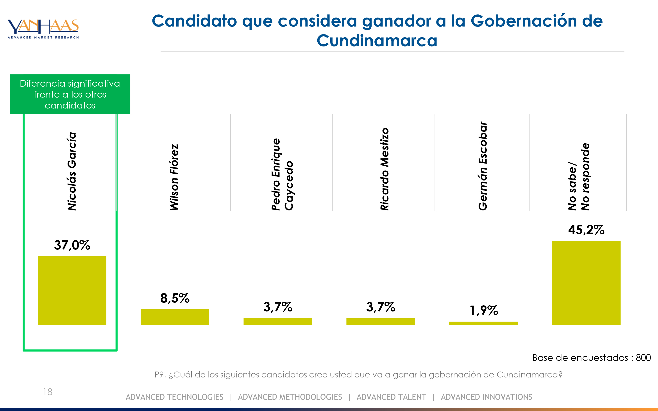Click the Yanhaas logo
point(43,29)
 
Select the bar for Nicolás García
point(72,291)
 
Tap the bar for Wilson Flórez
point(175,317)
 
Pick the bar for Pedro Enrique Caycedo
point(278,322)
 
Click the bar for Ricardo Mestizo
point(381,322)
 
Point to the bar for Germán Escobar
point(483,323)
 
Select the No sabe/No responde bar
point(586,283)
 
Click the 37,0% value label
point(72,245)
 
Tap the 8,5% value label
point(175,298)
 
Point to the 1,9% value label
point(484,310)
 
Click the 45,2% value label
point(586,230)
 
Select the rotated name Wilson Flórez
point(174,177)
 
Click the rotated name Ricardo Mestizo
point(385,169)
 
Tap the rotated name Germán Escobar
point(483,166)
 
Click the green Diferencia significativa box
point(70,94)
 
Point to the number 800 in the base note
point(643,358)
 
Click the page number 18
point(48,392)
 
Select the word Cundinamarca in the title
point(377,41)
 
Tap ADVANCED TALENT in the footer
point(391,397)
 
